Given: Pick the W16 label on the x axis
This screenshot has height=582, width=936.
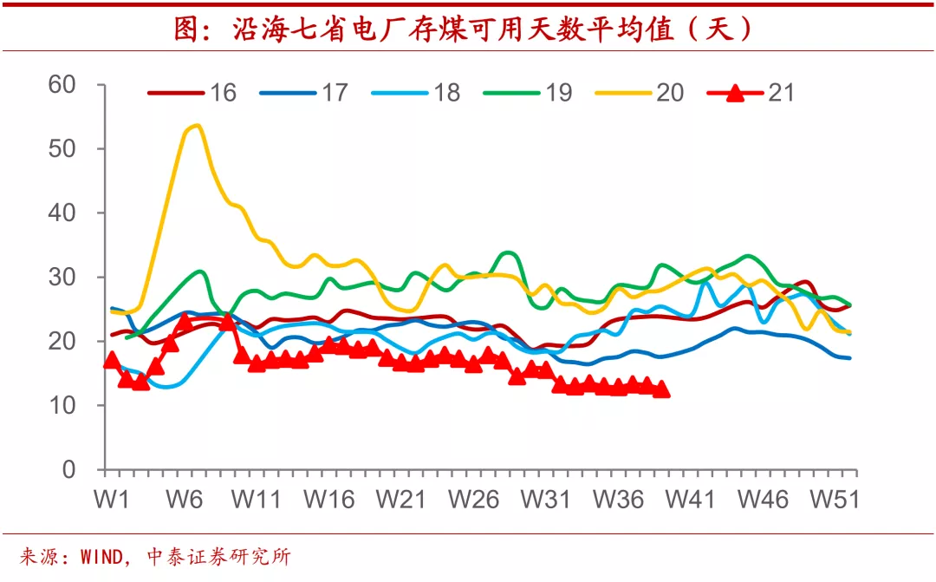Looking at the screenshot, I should pyautogui.click(x=331, y=500).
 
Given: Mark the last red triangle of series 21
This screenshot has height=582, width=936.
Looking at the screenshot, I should pyautogui.click(x=661, y=389).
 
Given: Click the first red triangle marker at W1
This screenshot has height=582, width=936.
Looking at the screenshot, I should pyautogui.click(x=111, y=360).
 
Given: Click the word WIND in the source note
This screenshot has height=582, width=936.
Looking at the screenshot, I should pyautogui.click(x=101, y=557).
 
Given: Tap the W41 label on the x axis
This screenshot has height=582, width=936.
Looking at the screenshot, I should pyautogui.click(x=691, y=500).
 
